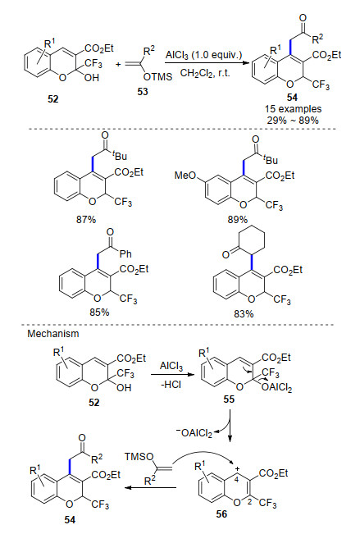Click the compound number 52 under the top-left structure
(x=52, y=99)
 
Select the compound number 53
(x=143, y=92)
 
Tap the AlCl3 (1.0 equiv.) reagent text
(x=203, y=55)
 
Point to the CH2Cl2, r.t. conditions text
(x=205, y=73)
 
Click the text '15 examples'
(x=294, y=109)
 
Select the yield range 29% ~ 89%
(x=293, y=121)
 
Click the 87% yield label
(x=86, y=220)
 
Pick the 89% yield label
(x=237, y=220)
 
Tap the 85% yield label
(x=99, y=312)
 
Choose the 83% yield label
(x=244, y=313)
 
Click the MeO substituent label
(x=185, y=176)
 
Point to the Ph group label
(x=126, y=253)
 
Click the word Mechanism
(x=53, y=333)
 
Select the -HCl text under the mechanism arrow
(x=171, y=385)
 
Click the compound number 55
(x=229, y=399)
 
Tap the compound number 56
(x=221, y=513)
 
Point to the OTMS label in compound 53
(x=158, y=76)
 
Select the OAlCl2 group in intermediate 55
(x=276, y=388)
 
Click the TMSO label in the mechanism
(x=139, y=456)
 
